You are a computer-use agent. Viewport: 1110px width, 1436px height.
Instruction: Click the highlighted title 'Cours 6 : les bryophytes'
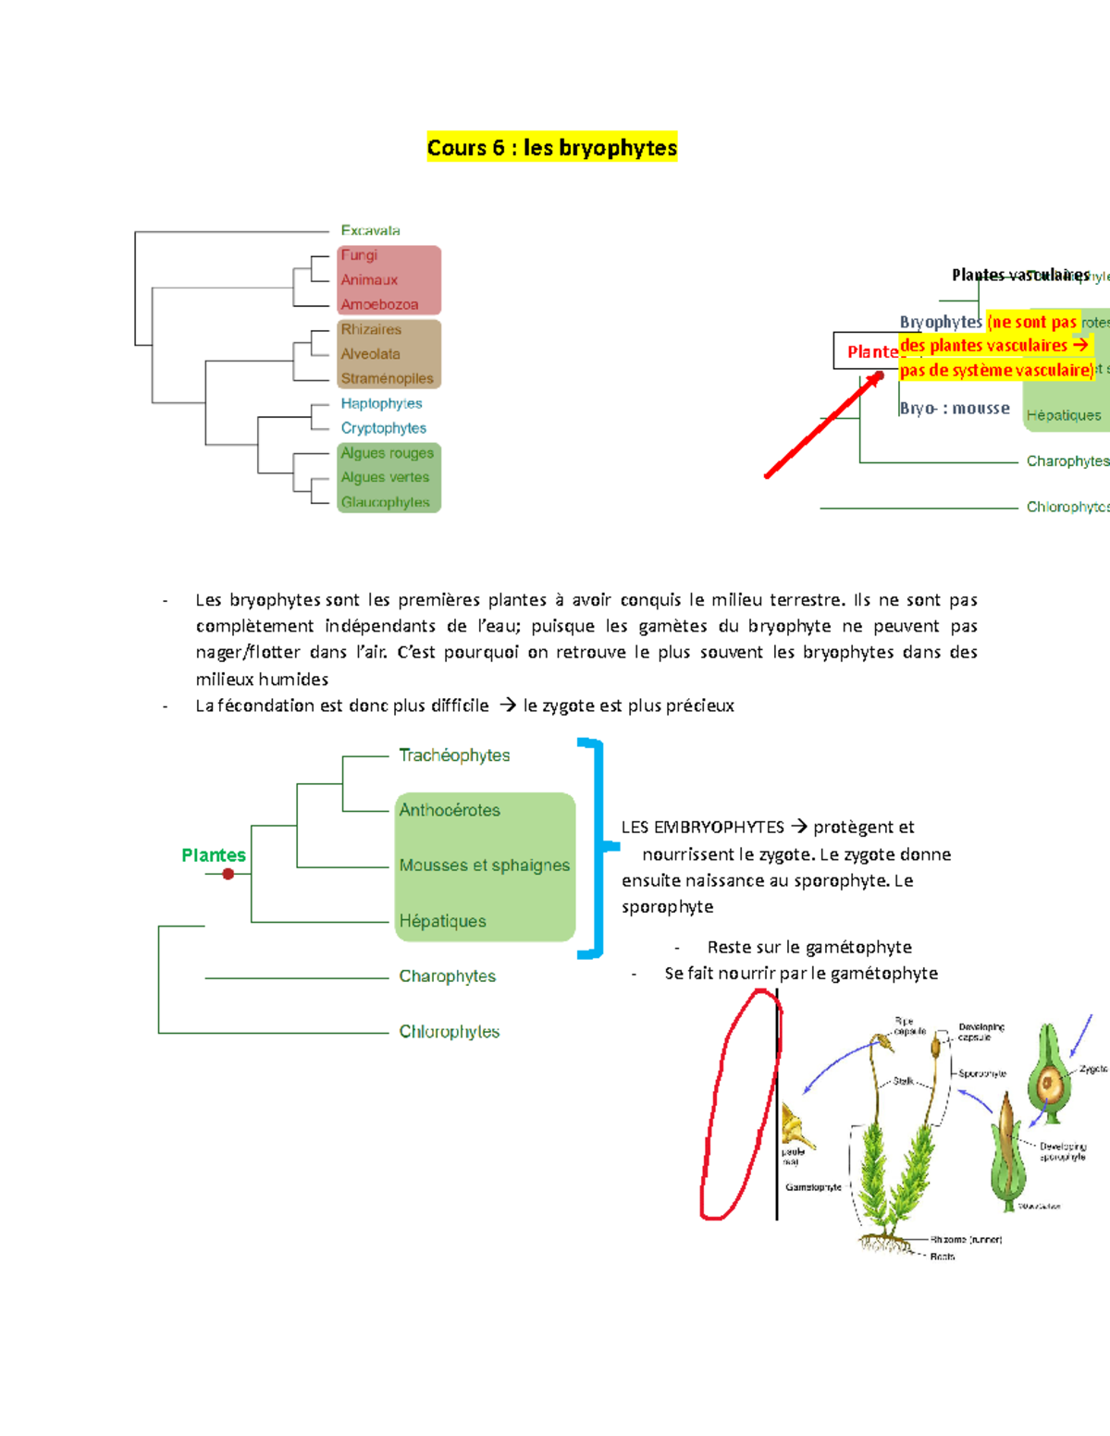tap(551, 148)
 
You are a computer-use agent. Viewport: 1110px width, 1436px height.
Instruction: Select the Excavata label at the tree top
tap(370, 230)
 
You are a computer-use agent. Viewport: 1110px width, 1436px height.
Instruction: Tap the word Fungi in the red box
tap(359, 255)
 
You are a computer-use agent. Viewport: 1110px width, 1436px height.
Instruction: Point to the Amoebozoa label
tap(379, 304)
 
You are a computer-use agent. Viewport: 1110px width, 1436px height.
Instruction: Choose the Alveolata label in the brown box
tap(370, 354)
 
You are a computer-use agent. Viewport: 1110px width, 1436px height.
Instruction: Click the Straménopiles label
tap(387, 378)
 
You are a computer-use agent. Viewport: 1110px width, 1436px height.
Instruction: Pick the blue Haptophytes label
tap(381, 403)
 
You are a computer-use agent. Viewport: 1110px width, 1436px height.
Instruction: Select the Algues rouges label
tap(387, 453)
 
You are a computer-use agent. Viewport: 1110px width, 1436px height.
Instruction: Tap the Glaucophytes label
tap(385, 502)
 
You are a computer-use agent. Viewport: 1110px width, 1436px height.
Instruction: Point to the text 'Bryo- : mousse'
tap(955, 408)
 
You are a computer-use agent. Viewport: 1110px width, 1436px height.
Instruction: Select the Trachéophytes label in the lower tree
tap(454, 755)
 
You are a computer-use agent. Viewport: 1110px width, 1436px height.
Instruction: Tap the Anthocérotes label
tap(450, 810)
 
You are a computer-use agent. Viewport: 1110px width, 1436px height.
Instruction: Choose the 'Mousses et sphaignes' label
tap(484, 865)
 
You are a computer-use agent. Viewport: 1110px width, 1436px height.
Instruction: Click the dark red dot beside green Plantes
tap(228, 874)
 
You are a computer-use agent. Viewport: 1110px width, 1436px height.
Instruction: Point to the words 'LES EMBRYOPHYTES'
tap(702, 827)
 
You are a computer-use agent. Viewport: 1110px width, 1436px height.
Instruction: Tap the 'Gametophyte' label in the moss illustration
tap(813, 1187)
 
